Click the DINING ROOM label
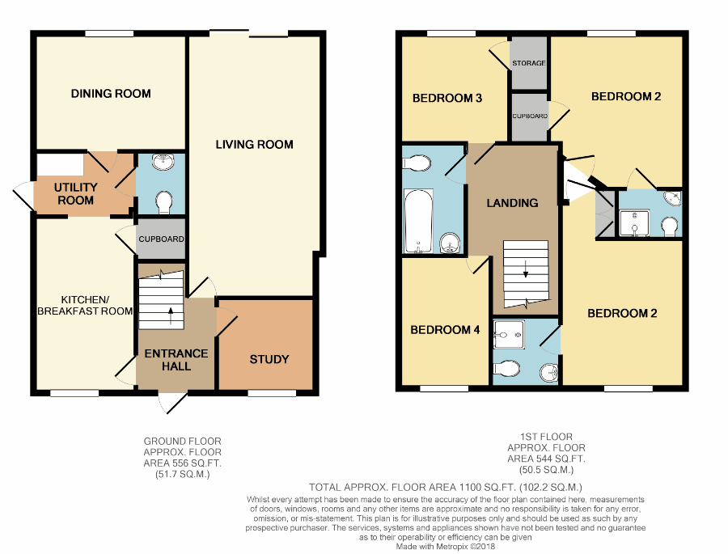[111, 94]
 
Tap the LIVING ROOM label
[254, 145]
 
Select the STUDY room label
[269, 359]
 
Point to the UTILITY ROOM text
[75, 193]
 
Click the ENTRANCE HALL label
[176, 360]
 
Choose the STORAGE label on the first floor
[528, 63]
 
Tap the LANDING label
[512, 203]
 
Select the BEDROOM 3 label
[447, 99]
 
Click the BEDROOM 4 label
[446, 330]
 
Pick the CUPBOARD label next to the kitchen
[162, 239]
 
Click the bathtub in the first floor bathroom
[418, 218]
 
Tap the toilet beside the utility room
[163, 199]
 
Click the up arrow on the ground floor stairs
[171, 314]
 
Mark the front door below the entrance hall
[172, 401]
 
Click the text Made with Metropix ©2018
[444, 547]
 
